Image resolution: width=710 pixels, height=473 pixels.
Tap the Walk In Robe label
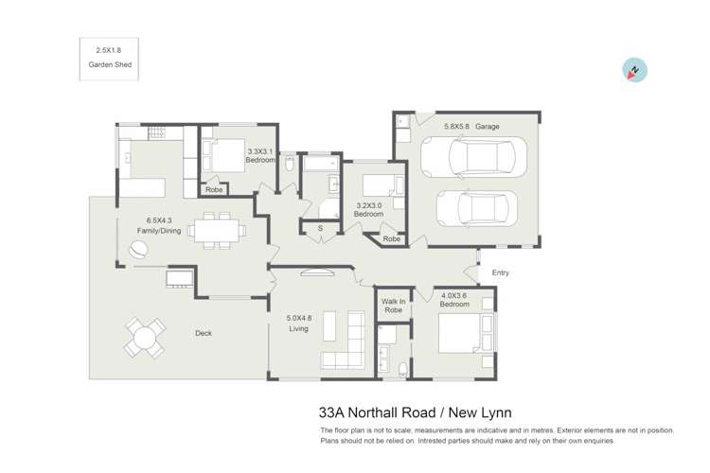pyautogui.click(x=392, y=305)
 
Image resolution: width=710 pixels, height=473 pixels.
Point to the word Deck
pyautogui.click(x=203, y=333)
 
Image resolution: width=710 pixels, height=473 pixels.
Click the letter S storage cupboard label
pyautogui.click(x=320, y=228)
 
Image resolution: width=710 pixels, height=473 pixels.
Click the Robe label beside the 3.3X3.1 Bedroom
pyautogui.click(x=215, y=190)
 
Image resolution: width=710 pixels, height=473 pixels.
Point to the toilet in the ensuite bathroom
pyautogui.click(x=403, y=368)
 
